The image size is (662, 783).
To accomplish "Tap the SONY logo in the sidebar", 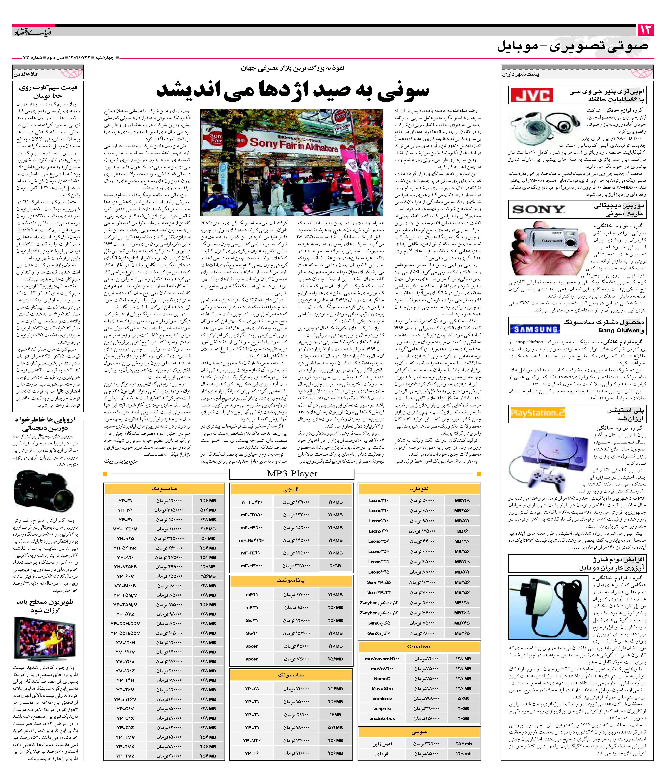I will pos(538,209).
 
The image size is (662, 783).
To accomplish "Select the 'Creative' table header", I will pos(419,647).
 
